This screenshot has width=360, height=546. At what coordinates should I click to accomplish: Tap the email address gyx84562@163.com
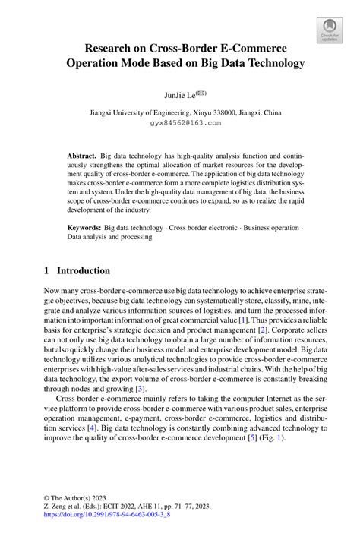point(185,122)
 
